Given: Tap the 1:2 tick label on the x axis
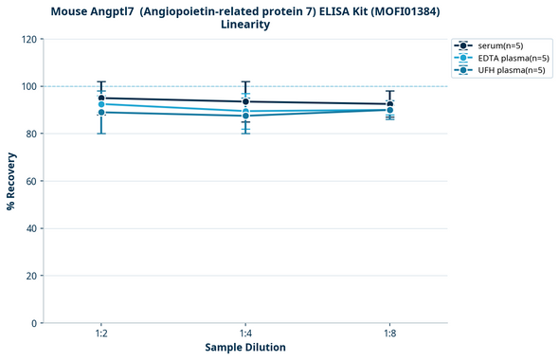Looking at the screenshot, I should click(100, 334).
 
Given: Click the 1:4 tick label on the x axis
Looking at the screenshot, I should click(245, 334).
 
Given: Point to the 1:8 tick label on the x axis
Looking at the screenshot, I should click(389, 334).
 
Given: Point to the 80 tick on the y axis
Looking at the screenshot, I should click(30, 135).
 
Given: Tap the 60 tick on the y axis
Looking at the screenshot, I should click(30, 182).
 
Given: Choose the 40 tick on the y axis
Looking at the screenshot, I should click(30, 229).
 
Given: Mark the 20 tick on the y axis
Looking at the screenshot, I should click(30, 277).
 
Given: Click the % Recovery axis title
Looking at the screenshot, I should click(11, 181).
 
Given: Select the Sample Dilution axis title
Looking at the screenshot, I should click(245, 348).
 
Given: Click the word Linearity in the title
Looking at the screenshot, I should click(245, 25).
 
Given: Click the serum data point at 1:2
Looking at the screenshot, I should click(100, 99).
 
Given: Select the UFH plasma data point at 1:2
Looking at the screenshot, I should click(100, 113).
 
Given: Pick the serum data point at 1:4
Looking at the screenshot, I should click(245, 101).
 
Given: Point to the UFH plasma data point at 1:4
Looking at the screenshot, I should click(245, 116).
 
